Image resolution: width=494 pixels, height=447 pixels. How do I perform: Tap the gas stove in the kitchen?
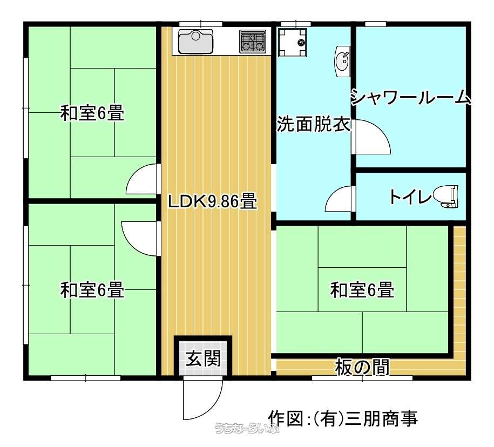[x=253, y=41]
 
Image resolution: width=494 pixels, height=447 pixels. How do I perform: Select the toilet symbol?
[x=445, y=197]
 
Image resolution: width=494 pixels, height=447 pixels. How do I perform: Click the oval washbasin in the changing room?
[x=342, y=62]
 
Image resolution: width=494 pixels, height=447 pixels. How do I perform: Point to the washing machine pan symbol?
[x=293, y=43]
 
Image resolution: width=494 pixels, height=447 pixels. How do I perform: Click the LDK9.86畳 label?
[x=213, y=201]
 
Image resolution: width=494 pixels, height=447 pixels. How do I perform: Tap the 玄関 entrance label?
[x=203, y=358]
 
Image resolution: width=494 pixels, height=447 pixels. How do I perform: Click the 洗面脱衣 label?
[x=314, y=124]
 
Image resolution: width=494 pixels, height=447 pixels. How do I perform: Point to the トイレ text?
[x=410, y=197]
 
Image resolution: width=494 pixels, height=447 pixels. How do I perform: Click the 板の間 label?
[x=362, y=367]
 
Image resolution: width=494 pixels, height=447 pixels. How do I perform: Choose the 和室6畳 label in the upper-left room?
[x=92, y=113]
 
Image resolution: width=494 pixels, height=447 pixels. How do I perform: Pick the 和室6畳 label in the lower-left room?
[x=92, y=290]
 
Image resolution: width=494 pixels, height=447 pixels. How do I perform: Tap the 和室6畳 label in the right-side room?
[x=362, y=290]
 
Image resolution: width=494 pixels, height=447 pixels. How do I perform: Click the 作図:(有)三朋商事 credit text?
[x=343, y=418]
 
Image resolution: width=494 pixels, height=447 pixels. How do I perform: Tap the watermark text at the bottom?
[x=247, y=428]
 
